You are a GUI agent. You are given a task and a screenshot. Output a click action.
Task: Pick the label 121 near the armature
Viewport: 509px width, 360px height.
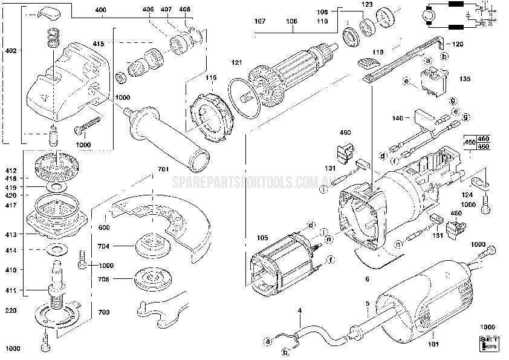click(x=236, y=63)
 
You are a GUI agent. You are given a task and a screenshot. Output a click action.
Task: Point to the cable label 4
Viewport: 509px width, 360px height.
click(x=299, y=311)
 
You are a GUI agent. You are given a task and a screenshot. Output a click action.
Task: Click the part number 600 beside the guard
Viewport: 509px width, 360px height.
click(x=105, y=227)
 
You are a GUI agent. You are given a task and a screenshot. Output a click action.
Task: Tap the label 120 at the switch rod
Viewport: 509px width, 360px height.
click(x=458, y=44)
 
